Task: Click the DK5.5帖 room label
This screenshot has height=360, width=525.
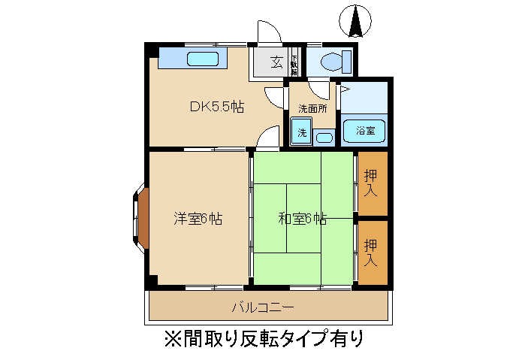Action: tap(216, 107)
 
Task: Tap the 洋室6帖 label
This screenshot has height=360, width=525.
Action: tap(198, 219)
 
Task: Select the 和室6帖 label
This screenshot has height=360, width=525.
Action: tap(302, 219)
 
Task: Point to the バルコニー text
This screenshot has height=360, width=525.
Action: tap(262, 307)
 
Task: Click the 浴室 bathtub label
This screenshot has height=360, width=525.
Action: tap(365, 131)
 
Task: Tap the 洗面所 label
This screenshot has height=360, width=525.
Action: tap(312, 108)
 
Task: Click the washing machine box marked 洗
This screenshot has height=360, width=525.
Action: tap(302, 132)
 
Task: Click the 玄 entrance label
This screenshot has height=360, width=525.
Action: tap(276, 62)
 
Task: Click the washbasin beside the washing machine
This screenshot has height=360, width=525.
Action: tap(324, 137)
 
